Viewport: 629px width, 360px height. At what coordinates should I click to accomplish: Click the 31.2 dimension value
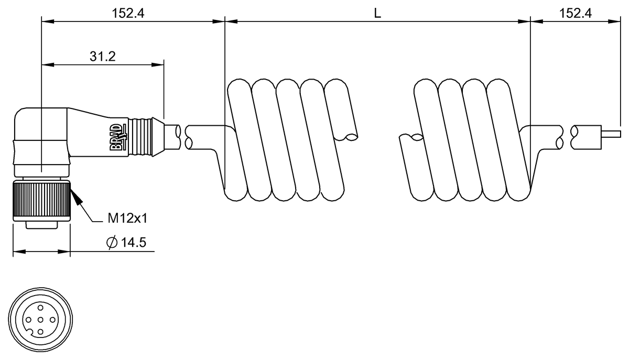pos(103,57)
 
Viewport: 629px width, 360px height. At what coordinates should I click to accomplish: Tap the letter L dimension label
pos(377,13)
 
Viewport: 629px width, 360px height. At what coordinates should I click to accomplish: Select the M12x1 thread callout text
pos(127,218)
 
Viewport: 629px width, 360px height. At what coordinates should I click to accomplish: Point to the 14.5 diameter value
pos(133,242)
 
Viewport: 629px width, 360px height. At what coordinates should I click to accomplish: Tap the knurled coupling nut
pos(42,201)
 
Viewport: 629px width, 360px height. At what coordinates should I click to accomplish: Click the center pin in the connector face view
pos(40,320)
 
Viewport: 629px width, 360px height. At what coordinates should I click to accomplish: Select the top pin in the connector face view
pos(40,308)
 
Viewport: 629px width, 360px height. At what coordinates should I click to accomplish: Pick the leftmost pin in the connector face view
pos(28,320)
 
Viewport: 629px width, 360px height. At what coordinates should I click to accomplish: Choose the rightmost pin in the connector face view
pos(52,320)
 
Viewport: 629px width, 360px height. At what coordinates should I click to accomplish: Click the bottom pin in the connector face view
pos(40,332)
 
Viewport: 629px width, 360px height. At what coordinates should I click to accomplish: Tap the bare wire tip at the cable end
pos(611,134)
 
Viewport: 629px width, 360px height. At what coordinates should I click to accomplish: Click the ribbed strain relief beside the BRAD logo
pos(140,137)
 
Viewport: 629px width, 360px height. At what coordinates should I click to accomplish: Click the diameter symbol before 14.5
pos(112,243)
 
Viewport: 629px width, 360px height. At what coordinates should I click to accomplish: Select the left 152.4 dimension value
pos(128,13)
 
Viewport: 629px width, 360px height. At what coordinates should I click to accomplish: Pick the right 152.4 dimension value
pos(576,13)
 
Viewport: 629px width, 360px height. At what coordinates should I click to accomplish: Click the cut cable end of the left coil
pos(352,137)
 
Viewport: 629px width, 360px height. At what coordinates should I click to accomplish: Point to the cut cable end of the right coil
pos(417,137)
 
